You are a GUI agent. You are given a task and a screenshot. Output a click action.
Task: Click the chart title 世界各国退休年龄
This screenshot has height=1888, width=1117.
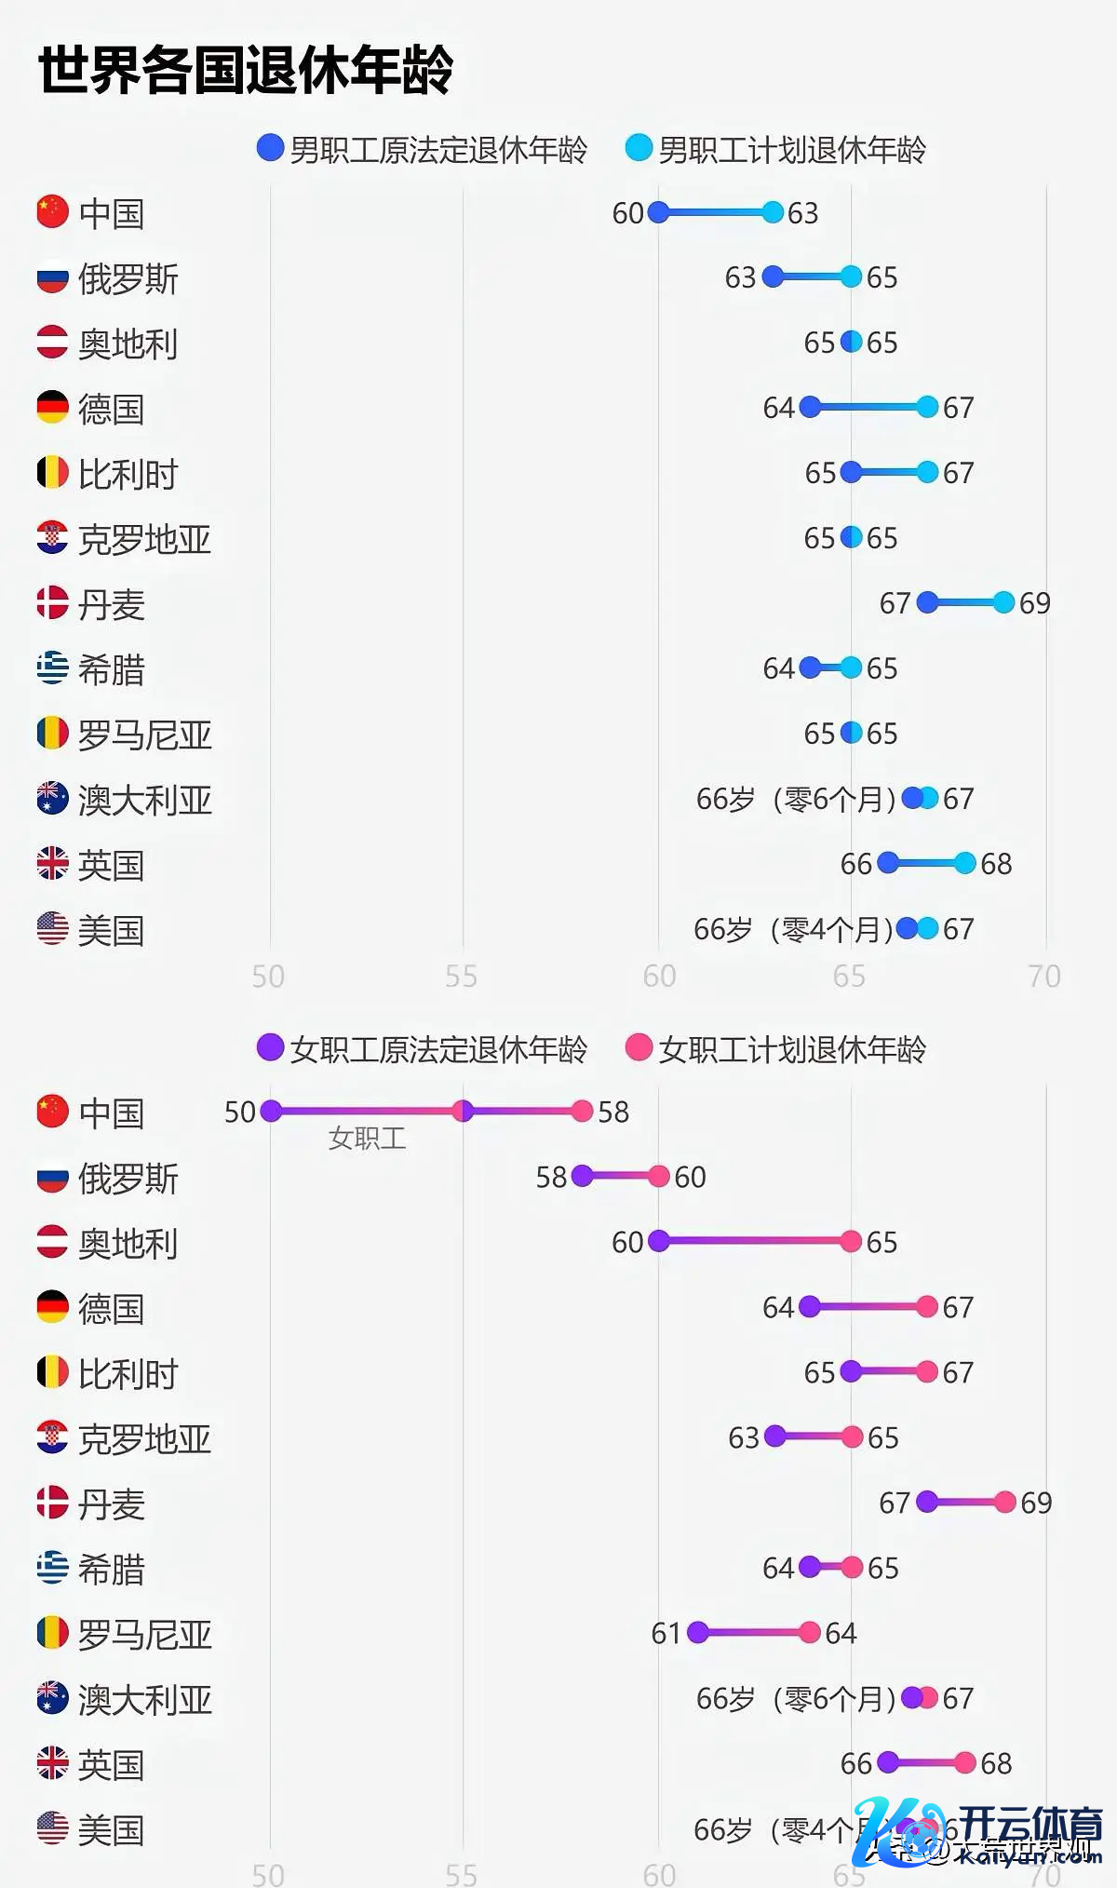coord(246,70)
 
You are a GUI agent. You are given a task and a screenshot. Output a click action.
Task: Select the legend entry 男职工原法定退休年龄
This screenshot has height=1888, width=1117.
coord(423,149)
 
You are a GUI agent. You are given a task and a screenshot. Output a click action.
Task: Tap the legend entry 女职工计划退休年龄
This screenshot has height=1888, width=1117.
coord(776,1049)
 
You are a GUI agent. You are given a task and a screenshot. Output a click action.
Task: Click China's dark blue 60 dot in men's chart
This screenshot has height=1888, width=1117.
coord(658,212)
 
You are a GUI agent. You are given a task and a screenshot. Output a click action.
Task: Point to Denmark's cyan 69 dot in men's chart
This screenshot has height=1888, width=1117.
coord(1003,602)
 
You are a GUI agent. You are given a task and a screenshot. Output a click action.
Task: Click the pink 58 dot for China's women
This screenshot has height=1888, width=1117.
coord(582,1111)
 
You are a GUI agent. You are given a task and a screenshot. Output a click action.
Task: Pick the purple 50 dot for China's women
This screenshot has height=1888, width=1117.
coord(271,1111)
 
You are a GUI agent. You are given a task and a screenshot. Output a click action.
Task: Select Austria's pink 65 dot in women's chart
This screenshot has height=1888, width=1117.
coord(850,1241)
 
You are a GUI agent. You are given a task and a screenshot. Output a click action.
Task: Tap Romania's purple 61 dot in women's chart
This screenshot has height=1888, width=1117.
coord(697,1632)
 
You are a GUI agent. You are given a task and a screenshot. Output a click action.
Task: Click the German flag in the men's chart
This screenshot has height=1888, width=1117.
coord(53,407)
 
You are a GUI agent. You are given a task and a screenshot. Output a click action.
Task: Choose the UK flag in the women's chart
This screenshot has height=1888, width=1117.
coord(53,1762)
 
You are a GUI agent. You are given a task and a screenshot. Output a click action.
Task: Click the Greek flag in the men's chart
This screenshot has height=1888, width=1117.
coord(53,668)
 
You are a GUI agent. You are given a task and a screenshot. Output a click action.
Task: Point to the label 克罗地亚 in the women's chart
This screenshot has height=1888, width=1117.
coord(144,1439)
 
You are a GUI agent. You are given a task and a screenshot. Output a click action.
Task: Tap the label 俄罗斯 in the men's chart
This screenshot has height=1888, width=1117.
coord(128,278)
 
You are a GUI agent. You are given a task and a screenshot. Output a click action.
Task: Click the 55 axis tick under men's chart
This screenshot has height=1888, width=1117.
coord(461,976)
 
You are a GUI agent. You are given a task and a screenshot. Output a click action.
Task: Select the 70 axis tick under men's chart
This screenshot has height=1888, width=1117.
coord(1044,976)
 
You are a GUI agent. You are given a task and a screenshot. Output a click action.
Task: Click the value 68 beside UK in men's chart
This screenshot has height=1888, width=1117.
coord(996,864)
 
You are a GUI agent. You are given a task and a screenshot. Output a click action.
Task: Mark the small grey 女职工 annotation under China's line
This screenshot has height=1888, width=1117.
coord(367,1138)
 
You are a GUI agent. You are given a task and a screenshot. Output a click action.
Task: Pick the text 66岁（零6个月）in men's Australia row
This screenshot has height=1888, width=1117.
coord(796,799)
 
